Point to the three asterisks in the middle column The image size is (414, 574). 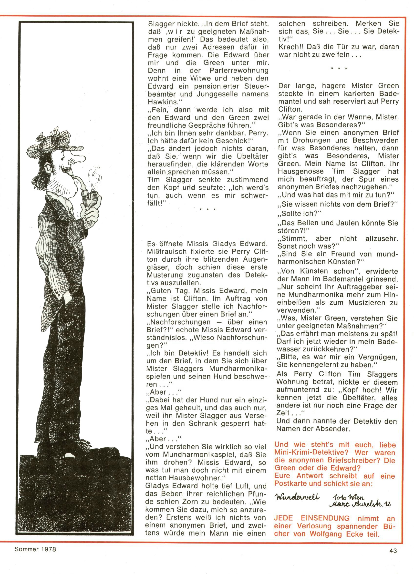[208, 210]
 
